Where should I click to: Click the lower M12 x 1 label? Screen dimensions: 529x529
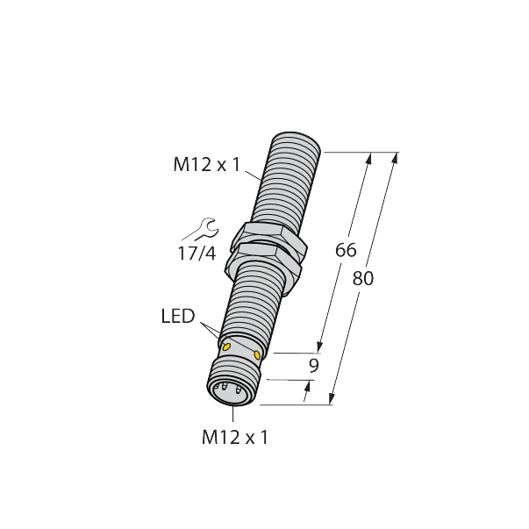click(x=232, y=436)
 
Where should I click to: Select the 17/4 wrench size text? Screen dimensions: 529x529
click(x=197, y=256)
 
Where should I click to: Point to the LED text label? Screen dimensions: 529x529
click(x=178, y=315)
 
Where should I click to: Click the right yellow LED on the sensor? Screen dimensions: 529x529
click(x=257, y=355)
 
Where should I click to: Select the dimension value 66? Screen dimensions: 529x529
click(x=347, y=250)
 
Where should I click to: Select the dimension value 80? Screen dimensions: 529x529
click(x=362, y=279)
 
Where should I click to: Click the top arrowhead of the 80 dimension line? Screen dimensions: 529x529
click(x=394, y=159)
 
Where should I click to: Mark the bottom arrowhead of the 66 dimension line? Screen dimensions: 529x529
click(x=320, y=347)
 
